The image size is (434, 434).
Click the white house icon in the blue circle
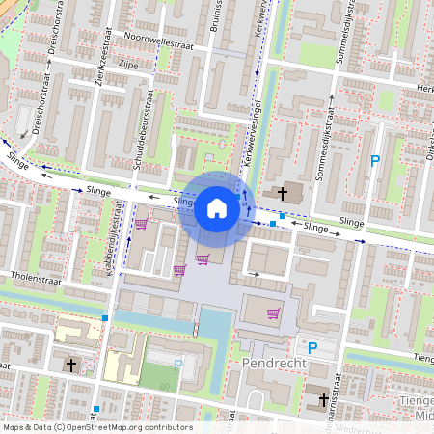tap(216, 207)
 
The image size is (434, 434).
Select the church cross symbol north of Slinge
tap(283, 193)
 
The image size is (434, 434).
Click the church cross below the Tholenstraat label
tap(71, 366)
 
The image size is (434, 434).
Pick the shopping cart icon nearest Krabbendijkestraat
tap(141, 224)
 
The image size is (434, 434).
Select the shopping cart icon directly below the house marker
tap(202, 258)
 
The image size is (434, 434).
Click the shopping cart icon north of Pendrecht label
tap(272, 312)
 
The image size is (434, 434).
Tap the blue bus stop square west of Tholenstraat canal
tap(104, 316)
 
